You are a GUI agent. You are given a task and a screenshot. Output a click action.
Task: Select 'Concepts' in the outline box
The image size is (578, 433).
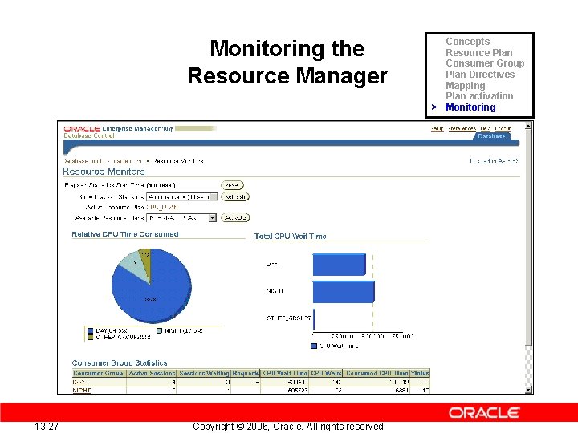(467, 42)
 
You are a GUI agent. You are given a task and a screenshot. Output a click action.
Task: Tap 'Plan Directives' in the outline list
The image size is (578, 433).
(480, 75)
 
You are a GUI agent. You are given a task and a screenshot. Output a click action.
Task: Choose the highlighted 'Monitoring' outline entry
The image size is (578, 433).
(470, 107)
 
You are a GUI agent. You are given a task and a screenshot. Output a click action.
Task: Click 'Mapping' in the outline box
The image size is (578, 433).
(466, 86)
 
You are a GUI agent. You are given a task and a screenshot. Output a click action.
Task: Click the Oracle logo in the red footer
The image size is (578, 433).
(484, 412)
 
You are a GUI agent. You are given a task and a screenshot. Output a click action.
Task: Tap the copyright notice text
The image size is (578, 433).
(289, 426)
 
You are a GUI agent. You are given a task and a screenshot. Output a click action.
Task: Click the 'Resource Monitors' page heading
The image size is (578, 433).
(104, 172)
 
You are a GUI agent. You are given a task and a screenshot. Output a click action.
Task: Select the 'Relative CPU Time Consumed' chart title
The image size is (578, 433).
(125, 234)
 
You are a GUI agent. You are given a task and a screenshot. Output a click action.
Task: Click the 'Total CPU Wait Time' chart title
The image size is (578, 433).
(291, 237)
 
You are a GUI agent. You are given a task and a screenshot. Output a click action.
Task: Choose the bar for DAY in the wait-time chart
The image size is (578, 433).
(339, 263)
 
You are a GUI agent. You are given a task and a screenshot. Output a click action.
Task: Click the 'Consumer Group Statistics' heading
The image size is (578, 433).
(120, 363)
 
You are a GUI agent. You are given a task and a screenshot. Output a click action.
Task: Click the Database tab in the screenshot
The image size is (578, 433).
(491, 136)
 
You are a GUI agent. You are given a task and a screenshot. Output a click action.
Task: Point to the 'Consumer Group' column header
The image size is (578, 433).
(98, 373)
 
